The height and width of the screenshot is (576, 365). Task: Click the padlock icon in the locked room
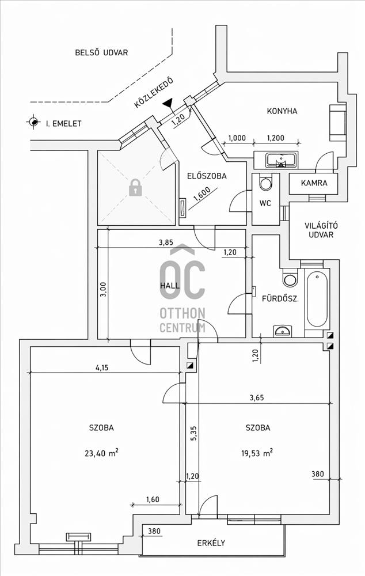click(135, 187)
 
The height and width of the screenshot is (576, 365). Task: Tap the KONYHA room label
click(282, 111)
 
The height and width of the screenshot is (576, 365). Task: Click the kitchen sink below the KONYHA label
click(282, 159)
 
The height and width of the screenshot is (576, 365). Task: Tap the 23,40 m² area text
click(101, 453)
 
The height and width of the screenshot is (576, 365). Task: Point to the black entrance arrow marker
click(168, 104)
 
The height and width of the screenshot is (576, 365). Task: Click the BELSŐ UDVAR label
click(101, 52)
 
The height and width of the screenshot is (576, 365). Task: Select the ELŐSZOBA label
click(207, 177)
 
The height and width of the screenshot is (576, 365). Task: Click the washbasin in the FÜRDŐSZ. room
click(283, 330)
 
